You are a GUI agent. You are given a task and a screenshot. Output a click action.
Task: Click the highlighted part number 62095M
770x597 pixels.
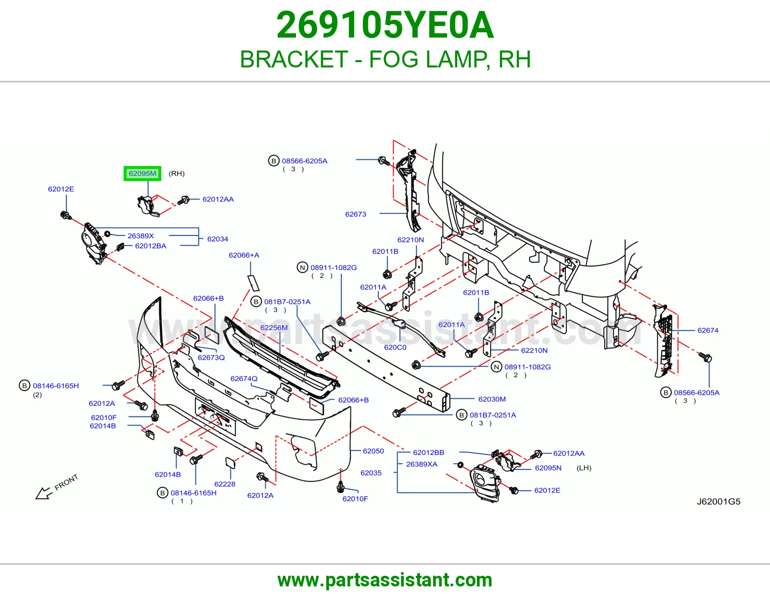point(142,173)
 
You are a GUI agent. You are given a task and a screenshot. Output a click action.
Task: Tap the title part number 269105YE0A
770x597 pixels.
point(385,25)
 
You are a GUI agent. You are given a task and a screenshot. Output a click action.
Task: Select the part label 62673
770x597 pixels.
point(356,214)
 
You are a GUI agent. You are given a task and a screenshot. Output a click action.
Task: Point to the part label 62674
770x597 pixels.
point(707,330)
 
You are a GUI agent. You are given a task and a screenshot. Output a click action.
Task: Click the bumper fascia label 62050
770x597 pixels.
point(373,451)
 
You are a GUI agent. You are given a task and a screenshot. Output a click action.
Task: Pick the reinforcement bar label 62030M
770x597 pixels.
point(492,399)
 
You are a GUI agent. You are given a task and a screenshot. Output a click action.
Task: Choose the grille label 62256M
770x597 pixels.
point(274,327)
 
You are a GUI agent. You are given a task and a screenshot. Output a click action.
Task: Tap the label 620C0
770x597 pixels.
point(395,348)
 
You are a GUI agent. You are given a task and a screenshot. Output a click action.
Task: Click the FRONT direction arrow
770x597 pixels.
point(44,493)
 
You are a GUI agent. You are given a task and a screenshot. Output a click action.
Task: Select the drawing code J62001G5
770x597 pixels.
point(719,502)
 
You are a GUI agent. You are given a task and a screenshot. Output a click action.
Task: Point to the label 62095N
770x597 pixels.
point(548,468)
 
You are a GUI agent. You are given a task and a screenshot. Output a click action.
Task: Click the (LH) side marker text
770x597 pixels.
point(584,468)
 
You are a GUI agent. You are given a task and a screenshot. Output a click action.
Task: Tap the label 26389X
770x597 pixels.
point(141,236)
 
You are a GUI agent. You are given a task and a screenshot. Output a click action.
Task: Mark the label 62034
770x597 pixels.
point(218,239)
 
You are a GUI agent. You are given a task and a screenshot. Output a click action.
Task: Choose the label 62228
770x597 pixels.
point(225,484)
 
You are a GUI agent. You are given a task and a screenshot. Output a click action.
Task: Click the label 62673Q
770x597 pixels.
point(211,357)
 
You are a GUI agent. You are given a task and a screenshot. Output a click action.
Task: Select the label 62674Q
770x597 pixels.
point(244,378)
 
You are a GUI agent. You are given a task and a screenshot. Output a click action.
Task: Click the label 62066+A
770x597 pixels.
point(244,255)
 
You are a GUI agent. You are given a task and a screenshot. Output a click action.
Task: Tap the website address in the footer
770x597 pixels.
point(385,580)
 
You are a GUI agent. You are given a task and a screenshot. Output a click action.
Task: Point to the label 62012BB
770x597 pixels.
point(428,453)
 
